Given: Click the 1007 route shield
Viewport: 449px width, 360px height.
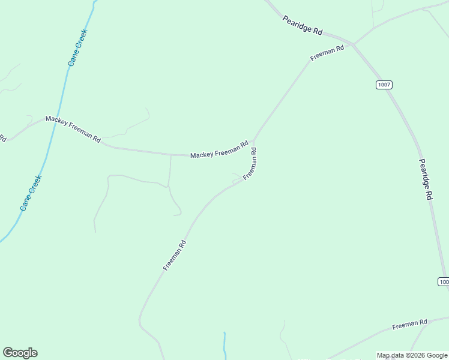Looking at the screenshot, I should pos(384,85).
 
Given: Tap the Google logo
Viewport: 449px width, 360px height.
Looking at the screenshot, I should pos(20,353).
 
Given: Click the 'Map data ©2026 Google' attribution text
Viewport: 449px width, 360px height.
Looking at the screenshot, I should pos(412,355).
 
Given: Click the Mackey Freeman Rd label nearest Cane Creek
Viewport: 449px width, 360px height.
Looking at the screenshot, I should pos(73,128).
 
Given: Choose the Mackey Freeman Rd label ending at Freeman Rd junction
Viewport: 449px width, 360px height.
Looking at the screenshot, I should pos(219,150).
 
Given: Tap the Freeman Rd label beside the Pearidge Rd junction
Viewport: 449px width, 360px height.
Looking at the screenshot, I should pos(327,53).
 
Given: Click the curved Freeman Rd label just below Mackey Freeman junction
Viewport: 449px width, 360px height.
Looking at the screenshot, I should pos(251,164).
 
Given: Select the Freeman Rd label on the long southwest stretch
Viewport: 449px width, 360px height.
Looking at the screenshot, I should pos(175,255).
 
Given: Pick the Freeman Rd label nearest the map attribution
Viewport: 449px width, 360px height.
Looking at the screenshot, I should pos(409,325).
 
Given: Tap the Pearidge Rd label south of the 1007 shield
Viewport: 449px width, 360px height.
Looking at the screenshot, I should pos(425,179).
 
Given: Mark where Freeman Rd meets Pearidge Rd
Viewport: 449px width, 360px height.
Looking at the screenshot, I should pos(354,44).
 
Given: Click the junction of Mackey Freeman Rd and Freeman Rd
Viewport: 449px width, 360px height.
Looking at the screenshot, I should pos(254,142).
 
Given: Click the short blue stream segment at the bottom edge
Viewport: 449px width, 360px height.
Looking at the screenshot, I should pos(224,343).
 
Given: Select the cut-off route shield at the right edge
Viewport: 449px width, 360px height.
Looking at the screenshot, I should pos(444,281).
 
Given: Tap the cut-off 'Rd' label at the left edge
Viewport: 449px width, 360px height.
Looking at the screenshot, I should pos(2,137).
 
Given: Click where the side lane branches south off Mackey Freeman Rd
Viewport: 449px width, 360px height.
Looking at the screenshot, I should pos(171,155).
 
